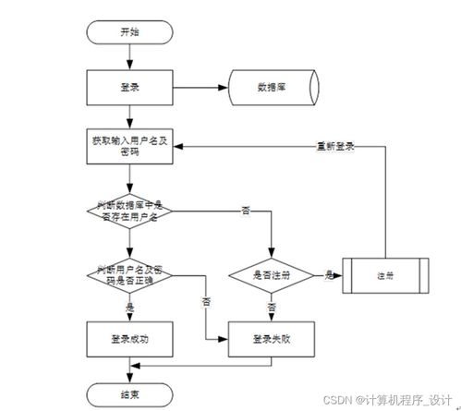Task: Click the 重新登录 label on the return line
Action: [x=335, y=146]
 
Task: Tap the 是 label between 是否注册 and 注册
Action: [x=329, y=274]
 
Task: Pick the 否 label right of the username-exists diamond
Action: [x=245, y=211]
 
